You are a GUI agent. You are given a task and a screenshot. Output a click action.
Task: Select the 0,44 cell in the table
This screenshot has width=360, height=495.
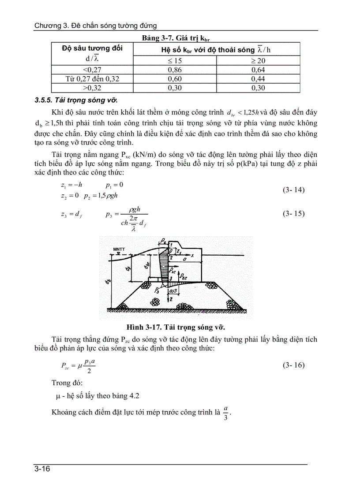coord(258,79)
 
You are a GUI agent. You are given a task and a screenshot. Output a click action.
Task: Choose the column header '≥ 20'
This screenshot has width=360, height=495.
coord(258,60)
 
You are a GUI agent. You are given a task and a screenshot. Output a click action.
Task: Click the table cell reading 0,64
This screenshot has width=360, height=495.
coord(258,70)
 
